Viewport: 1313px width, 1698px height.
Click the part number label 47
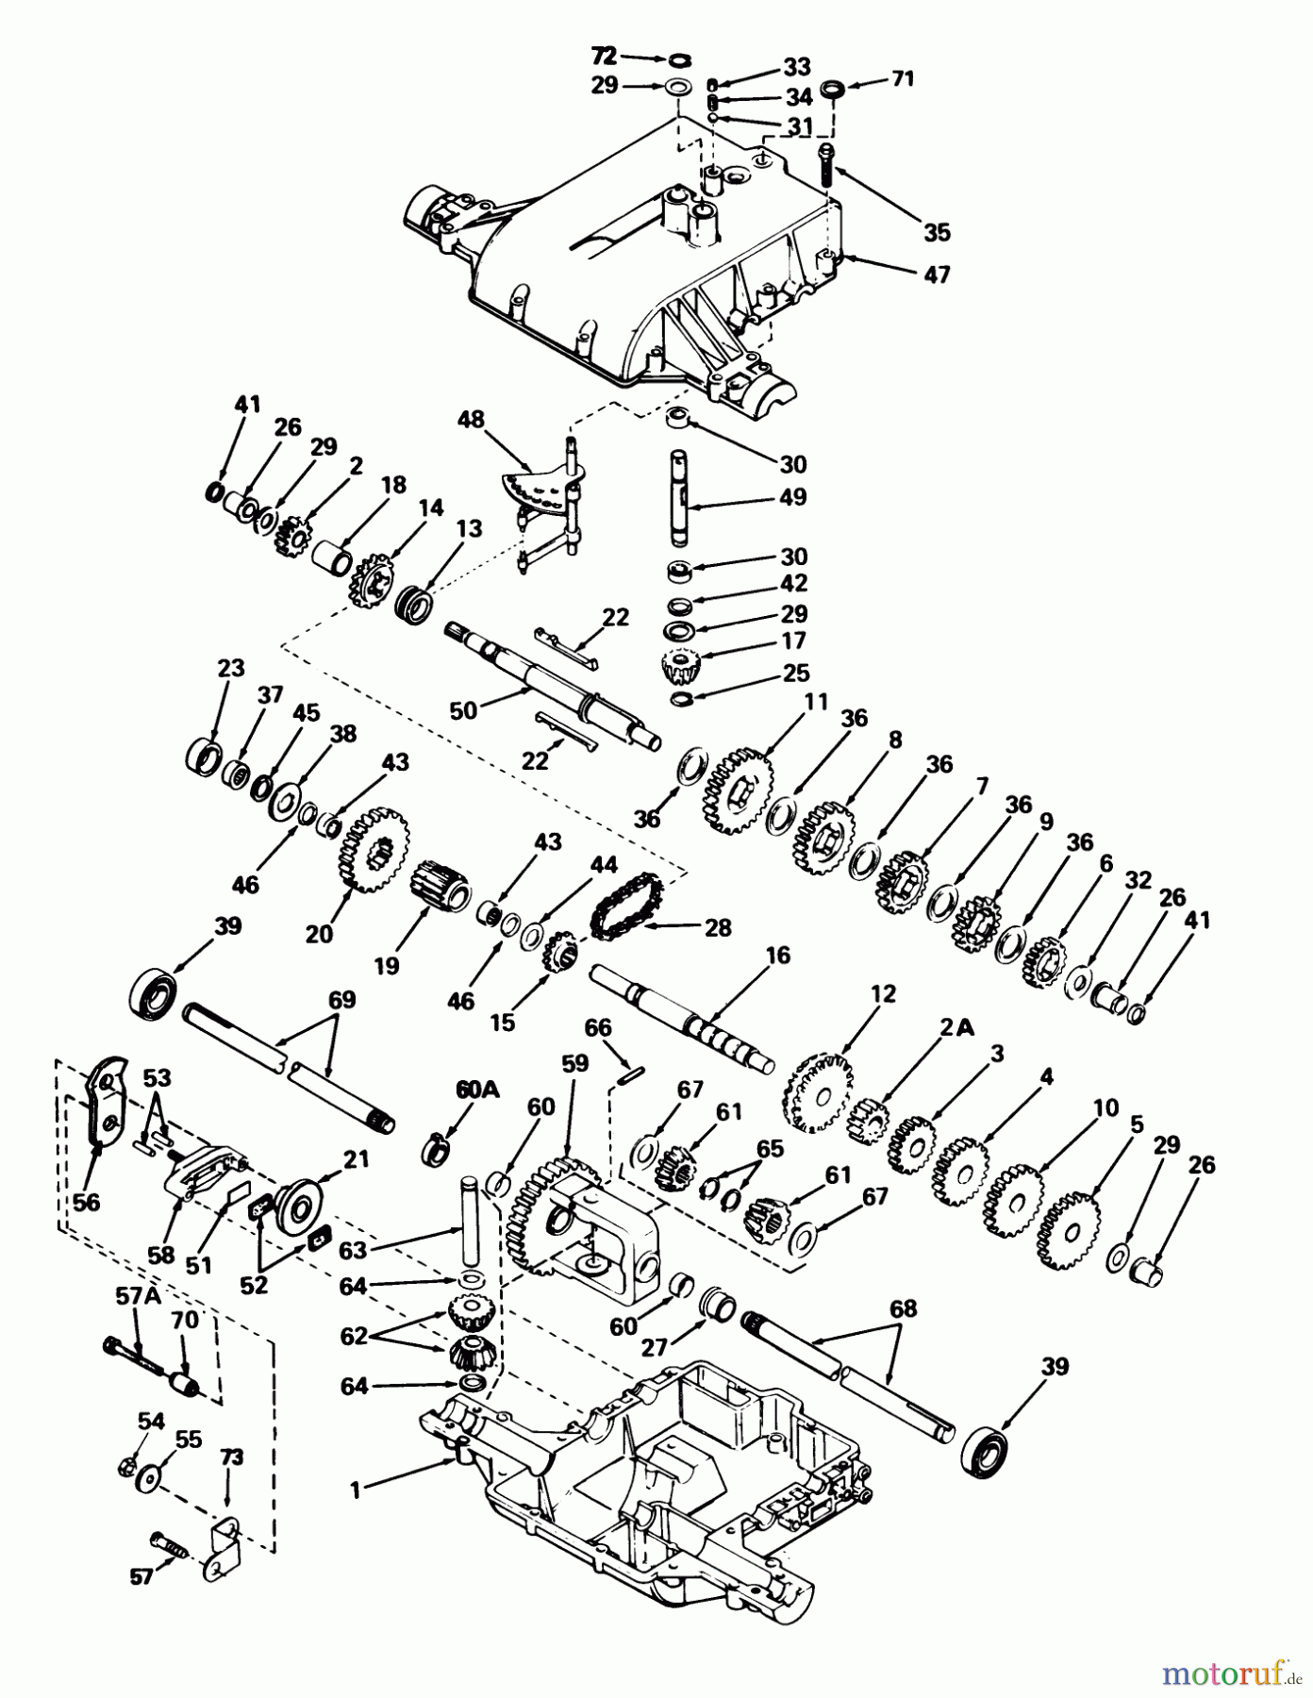click(x=937, y=275)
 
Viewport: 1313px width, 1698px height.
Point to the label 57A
click(x=138, y=1296)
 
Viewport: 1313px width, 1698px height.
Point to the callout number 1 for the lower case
click(x=356, y=1490)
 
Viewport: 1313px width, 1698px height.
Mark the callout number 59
click(x=573, y=1065)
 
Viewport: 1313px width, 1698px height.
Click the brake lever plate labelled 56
click(x=105, y=1102)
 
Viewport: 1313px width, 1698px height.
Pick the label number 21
click(x=357, y=1160)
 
